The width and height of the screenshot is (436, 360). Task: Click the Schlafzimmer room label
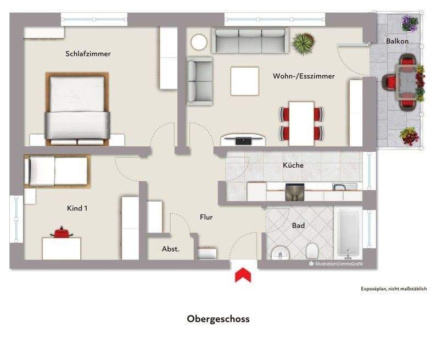pos(88,54)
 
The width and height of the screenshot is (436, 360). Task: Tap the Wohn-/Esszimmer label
pos(304,76)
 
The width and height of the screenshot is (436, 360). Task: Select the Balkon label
pos(396,41)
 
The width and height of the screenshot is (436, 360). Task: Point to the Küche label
pos(293,165)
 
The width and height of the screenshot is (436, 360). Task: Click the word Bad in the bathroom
pos(298,225)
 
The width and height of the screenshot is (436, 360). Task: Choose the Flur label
pos(206,217)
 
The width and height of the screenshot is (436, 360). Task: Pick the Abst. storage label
pos(170,249)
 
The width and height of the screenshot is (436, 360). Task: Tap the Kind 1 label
pos(77,208)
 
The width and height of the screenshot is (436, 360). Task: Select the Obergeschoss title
pos(218,319)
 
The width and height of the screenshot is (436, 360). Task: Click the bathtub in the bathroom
pos(348,234)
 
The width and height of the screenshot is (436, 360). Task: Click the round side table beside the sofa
pos(199,42)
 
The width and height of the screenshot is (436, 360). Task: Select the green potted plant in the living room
pos(302,43)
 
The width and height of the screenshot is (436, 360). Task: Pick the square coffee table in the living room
pos(244,81)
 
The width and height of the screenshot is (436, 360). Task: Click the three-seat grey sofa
pos(250,41)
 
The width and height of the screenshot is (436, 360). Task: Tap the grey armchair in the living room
pos(199,81)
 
